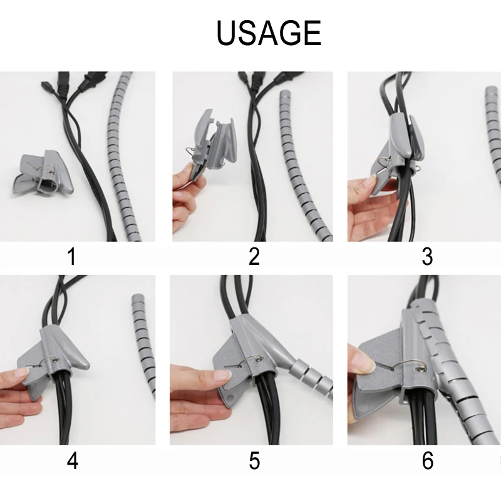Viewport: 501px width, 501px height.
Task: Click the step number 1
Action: (x=73, y=256)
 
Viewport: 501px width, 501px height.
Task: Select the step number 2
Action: (x=254, y=256)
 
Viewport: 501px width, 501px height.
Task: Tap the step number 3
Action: (x=428, y=256)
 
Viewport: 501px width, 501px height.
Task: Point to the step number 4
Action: (x=73, y=462)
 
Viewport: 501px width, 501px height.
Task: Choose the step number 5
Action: (x=254, y=462)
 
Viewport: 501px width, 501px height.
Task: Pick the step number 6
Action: (x=428, y=462)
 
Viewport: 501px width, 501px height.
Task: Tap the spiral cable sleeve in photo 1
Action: (x=122, y=157)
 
